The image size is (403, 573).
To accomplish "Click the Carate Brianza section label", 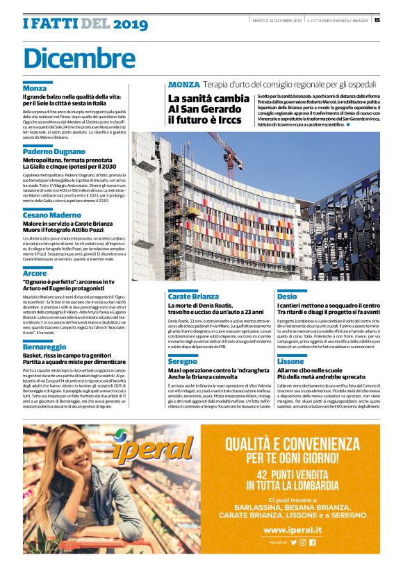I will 192,296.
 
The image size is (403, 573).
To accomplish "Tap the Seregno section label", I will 182,362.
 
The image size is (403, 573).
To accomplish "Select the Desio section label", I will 286,296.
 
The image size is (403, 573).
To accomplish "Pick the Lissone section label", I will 290,362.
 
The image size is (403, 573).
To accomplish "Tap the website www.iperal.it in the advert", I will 299,529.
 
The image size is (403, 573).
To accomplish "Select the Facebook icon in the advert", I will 313,542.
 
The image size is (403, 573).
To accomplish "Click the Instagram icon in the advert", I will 303,542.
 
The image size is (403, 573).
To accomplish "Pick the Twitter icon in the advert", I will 294,542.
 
